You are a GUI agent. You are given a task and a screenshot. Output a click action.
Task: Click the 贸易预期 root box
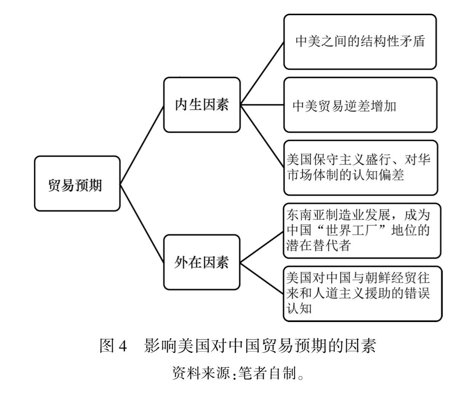(x=77, y=183)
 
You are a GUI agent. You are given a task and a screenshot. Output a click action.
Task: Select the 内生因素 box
(x=202, y=105)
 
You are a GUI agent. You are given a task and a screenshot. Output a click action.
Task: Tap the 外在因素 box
(x=202, y=262)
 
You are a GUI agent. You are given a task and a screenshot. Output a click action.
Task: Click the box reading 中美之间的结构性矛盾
(x=360, y=42)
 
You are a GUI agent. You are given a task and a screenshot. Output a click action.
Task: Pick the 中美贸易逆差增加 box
(x=360, y=105)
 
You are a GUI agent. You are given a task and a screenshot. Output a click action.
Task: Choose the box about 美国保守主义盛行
(x=361, y=167)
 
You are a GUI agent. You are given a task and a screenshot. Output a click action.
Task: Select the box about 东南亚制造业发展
(x=362, y=231)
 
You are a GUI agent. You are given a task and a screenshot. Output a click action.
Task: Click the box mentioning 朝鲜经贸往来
(x=363, y=294)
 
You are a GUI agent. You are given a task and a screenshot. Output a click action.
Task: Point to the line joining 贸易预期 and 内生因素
(x=142, y=144)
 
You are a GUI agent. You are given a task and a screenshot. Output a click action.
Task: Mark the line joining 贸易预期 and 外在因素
(x=142, y=223)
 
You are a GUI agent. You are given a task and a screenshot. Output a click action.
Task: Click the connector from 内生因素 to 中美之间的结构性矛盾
(x=262, y=73)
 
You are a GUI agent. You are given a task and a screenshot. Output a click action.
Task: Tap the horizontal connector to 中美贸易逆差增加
(x=262, y=105)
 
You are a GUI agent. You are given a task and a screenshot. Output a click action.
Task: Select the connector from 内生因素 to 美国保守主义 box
(x=262, y=136)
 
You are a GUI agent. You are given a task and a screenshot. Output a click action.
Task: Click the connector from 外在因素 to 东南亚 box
(x=262, y=247)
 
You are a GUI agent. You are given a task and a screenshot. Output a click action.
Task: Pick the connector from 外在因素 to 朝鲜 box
(x=262, y=278)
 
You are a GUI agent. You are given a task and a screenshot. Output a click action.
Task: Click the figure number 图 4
(x=114, y=346)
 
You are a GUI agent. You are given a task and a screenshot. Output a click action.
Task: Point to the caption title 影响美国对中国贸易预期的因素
(x=260, y=346)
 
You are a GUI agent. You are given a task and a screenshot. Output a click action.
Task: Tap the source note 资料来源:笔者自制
(x=238, y=373)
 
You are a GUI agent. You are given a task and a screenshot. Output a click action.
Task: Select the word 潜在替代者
(x=318, y=245)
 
